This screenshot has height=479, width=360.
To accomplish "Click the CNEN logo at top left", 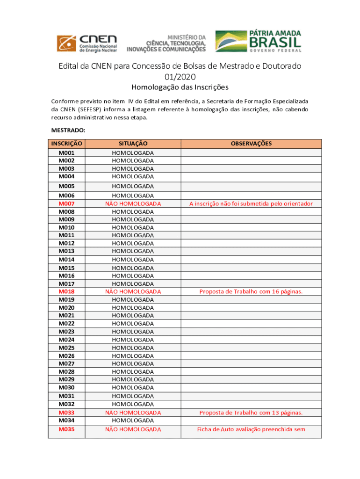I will click(86, 43).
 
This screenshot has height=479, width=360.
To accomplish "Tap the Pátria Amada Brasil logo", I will click(258, 41).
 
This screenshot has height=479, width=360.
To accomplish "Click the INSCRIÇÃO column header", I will click(67, 144).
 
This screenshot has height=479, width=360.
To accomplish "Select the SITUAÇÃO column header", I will click(133, 144).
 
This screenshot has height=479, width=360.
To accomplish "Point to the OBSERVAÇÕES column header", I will click(251, 144).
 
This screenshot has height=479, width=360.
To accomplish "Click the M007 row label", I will click(66, 203).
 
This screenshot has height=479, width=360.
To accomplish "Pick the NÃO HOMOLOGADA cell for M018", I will click(133, 291).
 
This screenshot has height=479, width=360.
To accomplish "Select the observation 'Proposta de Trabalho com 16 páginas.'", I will click(251, 291).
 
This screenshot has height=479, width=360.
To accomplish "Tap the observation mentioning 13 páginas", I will click(251, 413).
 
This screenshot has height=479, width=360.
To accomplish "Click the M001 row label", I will click(66, 153).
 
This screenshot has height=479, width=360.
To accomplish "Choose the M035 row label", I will click(66, 429).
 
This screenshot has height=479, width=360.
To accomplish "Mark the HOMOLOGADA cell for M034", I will click(133, 421).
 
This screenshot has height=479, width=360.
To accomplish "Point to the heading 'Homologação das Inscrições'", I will click(180, 87).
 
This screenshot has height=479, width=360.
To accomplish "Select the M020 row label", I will click(66, 308).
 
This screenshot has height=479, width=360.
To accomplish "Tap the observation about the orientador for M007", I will click(251, 203).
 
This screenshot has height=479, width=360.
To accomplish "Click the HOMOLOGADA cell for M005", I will click(133, 186).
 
